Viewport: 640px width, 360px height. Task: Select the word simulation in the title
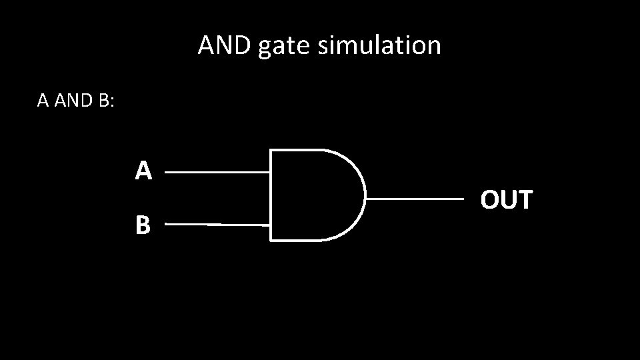click(379, 46)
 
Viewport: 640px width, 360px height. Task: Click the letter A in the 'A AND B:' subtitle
click(43, 101)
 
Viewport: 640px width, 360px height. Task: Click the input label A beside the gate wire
click(143, 172)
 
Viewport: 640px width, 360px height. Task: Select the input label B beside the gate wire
click(143, 226)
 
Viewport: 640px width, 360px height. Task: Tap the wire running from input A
click(217, 172)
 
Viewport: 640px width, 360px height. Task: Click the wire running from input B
click(217, 225)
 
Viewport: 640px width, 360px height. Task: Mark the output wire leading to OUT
click(415, 199)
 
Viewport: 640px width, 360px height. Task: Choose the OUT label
click(507, 199)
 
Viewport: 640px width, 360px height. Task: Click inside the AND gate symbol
click(313, 195)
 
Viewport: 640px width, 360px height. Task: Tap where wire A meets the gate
click(271, 172)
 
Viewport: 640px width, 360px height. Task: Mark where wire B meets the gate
click(271, 225)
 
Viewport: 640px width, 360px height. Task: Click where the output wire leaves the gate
click(367, 199)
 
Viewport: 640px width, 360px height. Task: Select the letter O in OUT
click(490, 199)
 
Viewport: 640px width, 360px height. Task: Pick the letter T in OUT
click(525, 199)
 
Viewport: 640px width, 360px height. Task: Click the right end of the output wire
click(462, 199)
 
